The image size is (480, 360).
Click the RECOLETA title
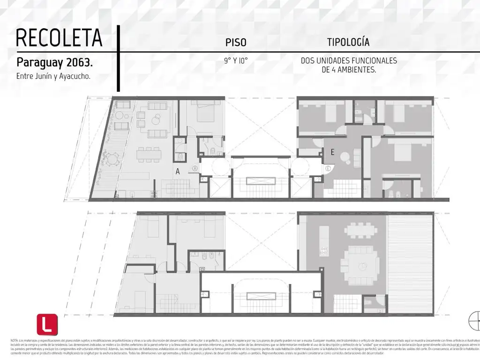pyautogui.click(x=59, y=38)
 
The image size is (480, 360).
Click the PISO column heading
pyautogui.click(x=236, y=43)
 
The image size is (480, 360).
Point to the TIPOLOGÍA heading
pyautogui.click(x=348, y=42)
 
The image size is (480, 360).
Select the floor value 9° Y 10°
pyautogui.click(x=236, y=61)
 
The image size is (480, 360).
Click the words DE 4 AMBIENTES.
pyautogui.click(x=349, y=69)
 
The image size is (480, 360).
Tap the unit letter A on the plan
pyautogui.click(x=178, y=172)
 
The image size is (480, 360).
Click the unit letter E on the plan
pyautogui.click(x=332, y=151)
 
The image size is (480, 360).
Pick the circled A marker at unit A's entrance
pyautogui.click(x=195, y=168)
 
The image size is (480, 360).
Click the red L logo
pyautogui.click(x=47, y=324)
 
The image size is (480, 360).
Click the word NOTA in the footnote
pyautogui.click(x=14, y=339)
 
